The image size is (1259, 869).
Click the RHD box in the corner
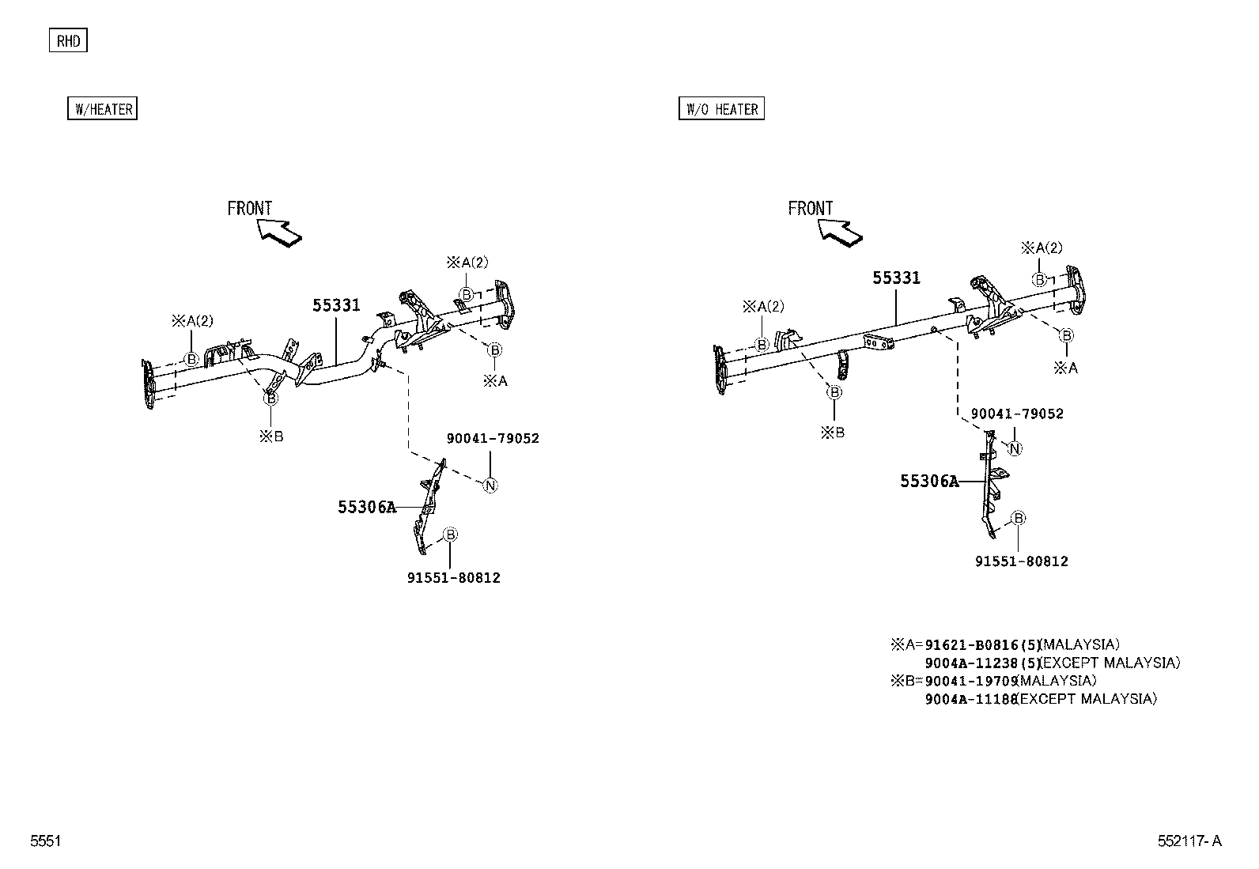point(68,41)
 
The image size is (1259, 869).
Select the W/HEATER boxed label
point(103,109)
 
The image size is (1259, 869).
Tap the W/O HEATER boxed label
point(721,109)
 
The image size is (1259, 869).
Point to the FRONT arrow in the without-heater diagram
point(841,231)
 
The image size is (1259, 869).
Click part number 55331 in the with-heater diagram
point(336,305)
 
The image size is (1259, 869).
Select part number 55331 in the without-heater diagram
point(896,278)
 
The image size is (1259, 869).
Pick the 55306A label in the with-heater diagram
point(366,508)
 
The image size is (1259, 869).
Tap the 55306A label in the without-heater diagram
point(928,482)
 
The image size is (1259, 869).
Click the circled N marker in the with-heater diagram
point(490,486)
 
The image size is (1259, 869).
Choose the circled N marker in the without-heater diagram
point(1015,448)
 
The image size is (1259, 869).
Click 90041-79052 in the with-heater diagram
point(493,439)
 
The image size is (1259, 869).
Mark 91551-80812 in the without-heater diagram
point(1021,561)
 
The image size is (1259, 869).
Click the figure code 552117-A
point(1189,841)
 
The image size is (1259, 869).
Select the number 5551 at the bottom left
point(45,841)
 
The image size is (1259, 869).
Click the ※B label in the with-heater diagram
point(270,436)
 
